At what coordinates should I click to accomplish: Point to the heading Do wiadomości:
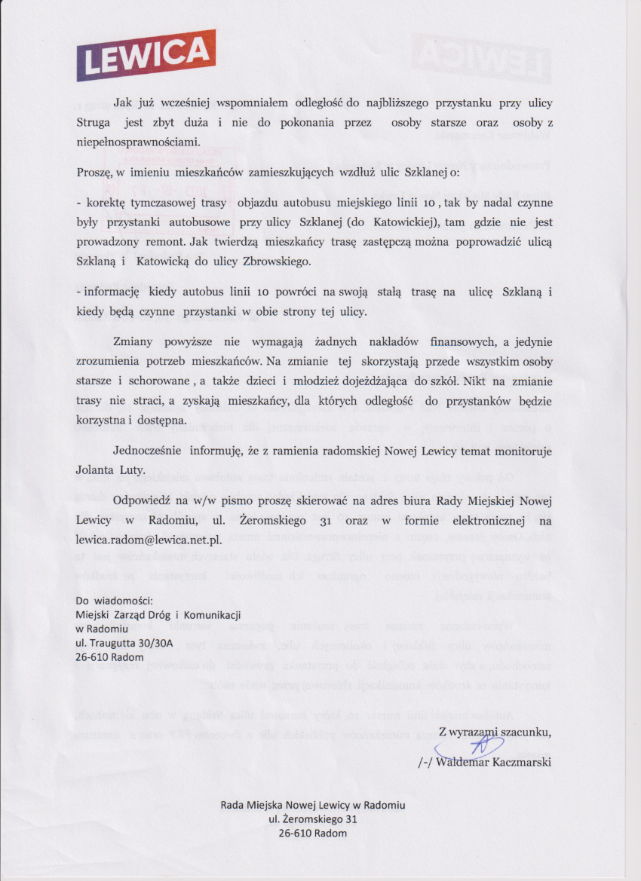coord(115,601)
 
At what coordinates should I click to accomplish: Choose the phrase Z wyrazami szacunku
coord(495,731)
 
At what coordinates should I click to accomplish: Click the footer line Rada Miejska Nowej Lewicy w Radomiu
coord(312,805)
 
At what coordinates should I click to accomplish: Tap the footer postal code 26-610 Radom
coord(312,834)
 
